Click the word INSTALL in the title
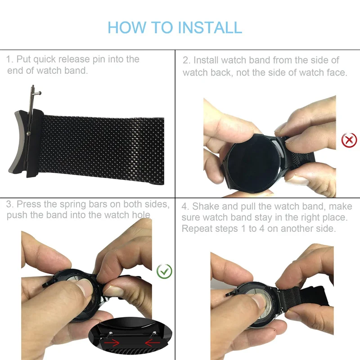pyautogui.click(x=210, y=27)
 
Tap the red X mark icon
pyautogui.click(x=349, y=140)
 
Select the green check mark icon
pyautogui.click(x=164, y=271)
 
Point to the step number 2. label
pyautogui.click(x=186, y=60)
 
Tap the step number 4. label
pyautogui.click(x=186, y=207)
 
